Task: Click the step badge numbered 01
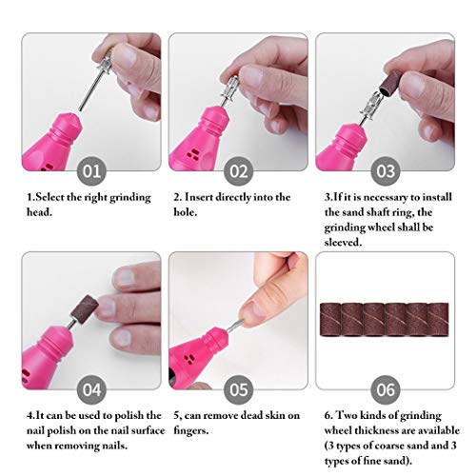pos(92,172)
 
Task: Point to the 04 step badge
pos(92,389)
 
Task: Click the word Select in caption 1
pos(50,197)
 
